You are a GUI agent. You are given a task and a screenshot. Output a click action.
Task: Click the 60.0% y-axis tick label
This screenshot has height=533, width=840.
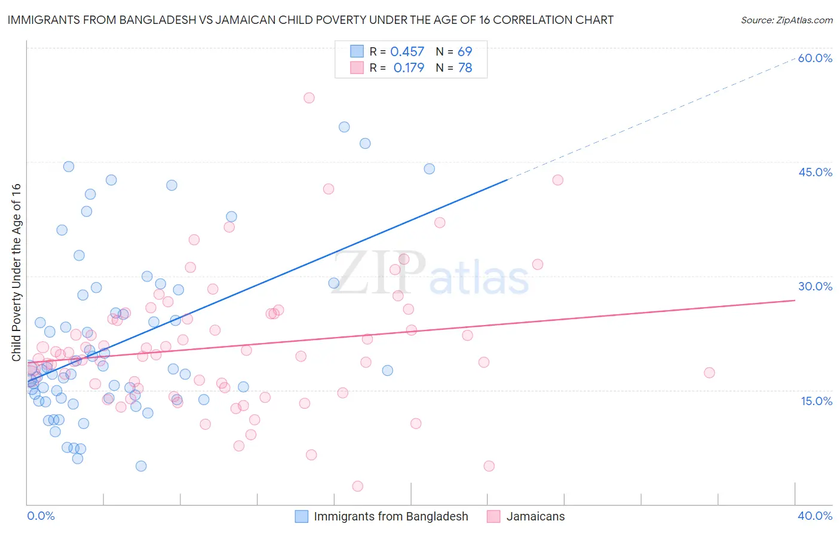click(815, 58)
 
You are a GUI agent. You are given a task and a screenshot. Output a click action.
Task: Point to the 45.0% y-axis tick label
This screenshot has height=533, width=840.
click(815, 172)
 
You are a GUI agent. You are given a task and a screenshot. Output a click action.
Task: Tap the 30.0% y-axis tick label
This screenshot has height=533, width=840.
click(815, 286)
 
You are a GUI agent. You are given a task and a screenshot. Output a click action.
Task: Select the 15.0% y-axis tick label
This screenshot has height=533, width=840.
click(816, 401)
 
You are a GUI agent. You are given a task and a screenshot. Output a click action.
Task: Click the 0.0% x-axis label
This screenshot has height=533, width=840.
click(41, 516)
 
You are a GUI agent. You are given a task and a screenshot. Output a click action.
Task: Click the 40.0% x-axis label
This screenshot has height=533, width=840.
click(815, 516)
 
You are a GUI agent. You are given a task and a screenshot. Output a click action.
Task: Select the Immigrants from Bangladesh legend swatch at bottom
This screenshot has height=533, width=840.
click(302, 517)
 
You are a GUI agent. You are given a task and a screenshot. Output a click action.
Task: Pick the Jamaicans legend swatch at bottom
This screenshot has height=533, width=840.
click(493, 517)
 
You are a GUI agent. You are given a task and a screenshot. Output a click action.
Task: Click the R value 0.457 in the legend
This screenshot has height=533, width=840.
click(407, 52)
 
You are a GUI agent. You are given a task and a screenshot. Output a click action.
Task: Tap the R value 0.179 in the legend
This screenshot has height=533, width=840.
click(409, 68)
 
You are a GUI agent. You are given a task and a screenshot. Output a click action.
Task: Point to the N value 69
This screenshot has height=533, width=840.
click(465, 52)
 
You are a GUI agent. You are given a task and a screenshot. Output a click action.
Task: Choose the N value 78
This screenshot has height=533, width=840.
click(465, 68)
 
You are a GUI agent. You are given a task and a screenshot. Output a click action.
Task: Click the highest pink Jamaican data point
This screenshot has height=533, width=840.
click(309, 98)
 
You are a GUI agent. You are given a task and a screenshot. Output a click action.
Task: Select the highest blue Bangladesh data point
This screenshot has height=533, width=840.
click(344, 127)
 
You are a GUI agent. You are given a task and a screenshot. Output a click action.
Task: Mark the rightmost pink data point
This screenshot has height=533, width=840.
click(709, 373)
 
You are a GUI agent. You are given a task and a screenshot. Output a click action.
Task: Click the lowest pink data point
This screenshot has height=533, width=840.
click(357, 486)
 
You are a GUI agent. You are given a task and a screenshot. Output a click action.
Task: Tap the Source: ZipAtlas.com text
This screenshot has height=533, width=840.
click(786, 20)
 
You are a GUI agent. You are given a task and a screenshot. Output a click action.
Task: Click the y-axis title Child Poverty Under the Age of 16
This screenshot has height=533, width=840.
click(16, 272)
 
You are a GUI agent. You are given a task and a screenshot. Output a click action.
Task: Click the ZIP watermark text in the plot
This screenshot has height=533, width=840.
click(379, 274)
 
